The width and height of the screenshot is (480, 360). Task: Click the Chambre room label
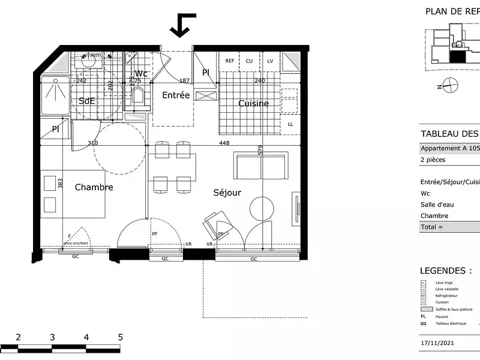[94, 187]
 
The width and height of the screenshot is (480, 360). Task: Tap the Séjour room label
[227, 193]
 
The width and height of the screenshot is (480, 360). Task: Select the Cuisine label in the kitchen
[253, 103]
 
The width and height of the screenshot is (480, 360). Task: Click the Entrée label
[176, 95]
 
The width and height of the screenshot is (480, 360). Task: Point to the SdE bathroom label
[87, 101]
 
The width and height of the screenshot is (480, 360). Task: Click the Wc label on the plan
[141, 74]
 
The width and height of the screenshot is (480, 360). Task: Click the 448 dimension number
[224, 143]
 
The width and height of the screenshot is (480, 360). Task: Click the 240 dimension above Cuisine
[259, 80]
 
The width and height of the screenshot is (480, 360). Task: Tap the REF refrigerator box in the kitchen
[230, 61]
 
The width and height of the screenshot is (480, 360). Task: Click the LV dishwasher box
[270, 61]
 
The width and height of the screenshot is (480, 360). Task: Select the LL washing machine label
[290, 124]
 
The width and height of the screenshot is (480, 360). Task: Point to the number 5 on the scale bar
[121, 337]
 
